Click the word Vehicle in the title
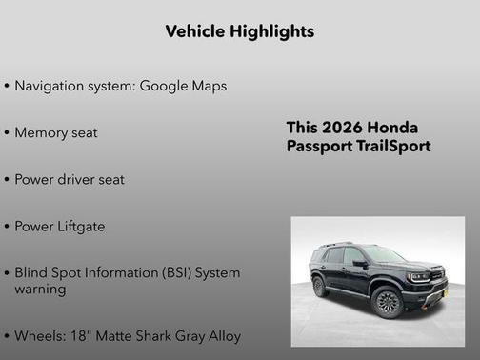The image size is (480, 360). click(x=191, y=31)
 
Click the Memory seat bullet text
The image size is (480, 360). click(x=55, y=132)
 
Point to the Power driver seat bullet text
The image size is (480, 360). click(x=69, y=179)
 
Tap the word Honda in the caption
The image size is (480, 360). click(x=391, y=128)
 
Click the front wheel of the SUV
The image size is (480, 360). click(x=388, y=301)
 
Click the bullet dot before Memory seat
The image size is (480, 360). click(x=7, y=133)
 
